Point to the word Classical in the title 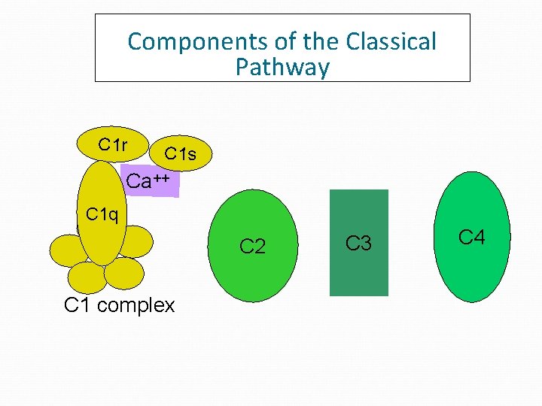(x=391, y=41)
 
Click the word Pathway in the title (x=282, y=68)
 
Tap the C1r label (x=112, y=144)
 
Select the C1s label (x=180, y=154)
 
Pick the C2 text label (x=252, y=246)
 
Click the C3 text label (x=358, y=243)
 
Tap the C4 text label (x=472, y=238)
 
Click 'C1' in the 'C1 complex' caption (x=77, y=305)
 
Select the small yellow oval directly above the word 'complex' (x=123, y=274)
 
